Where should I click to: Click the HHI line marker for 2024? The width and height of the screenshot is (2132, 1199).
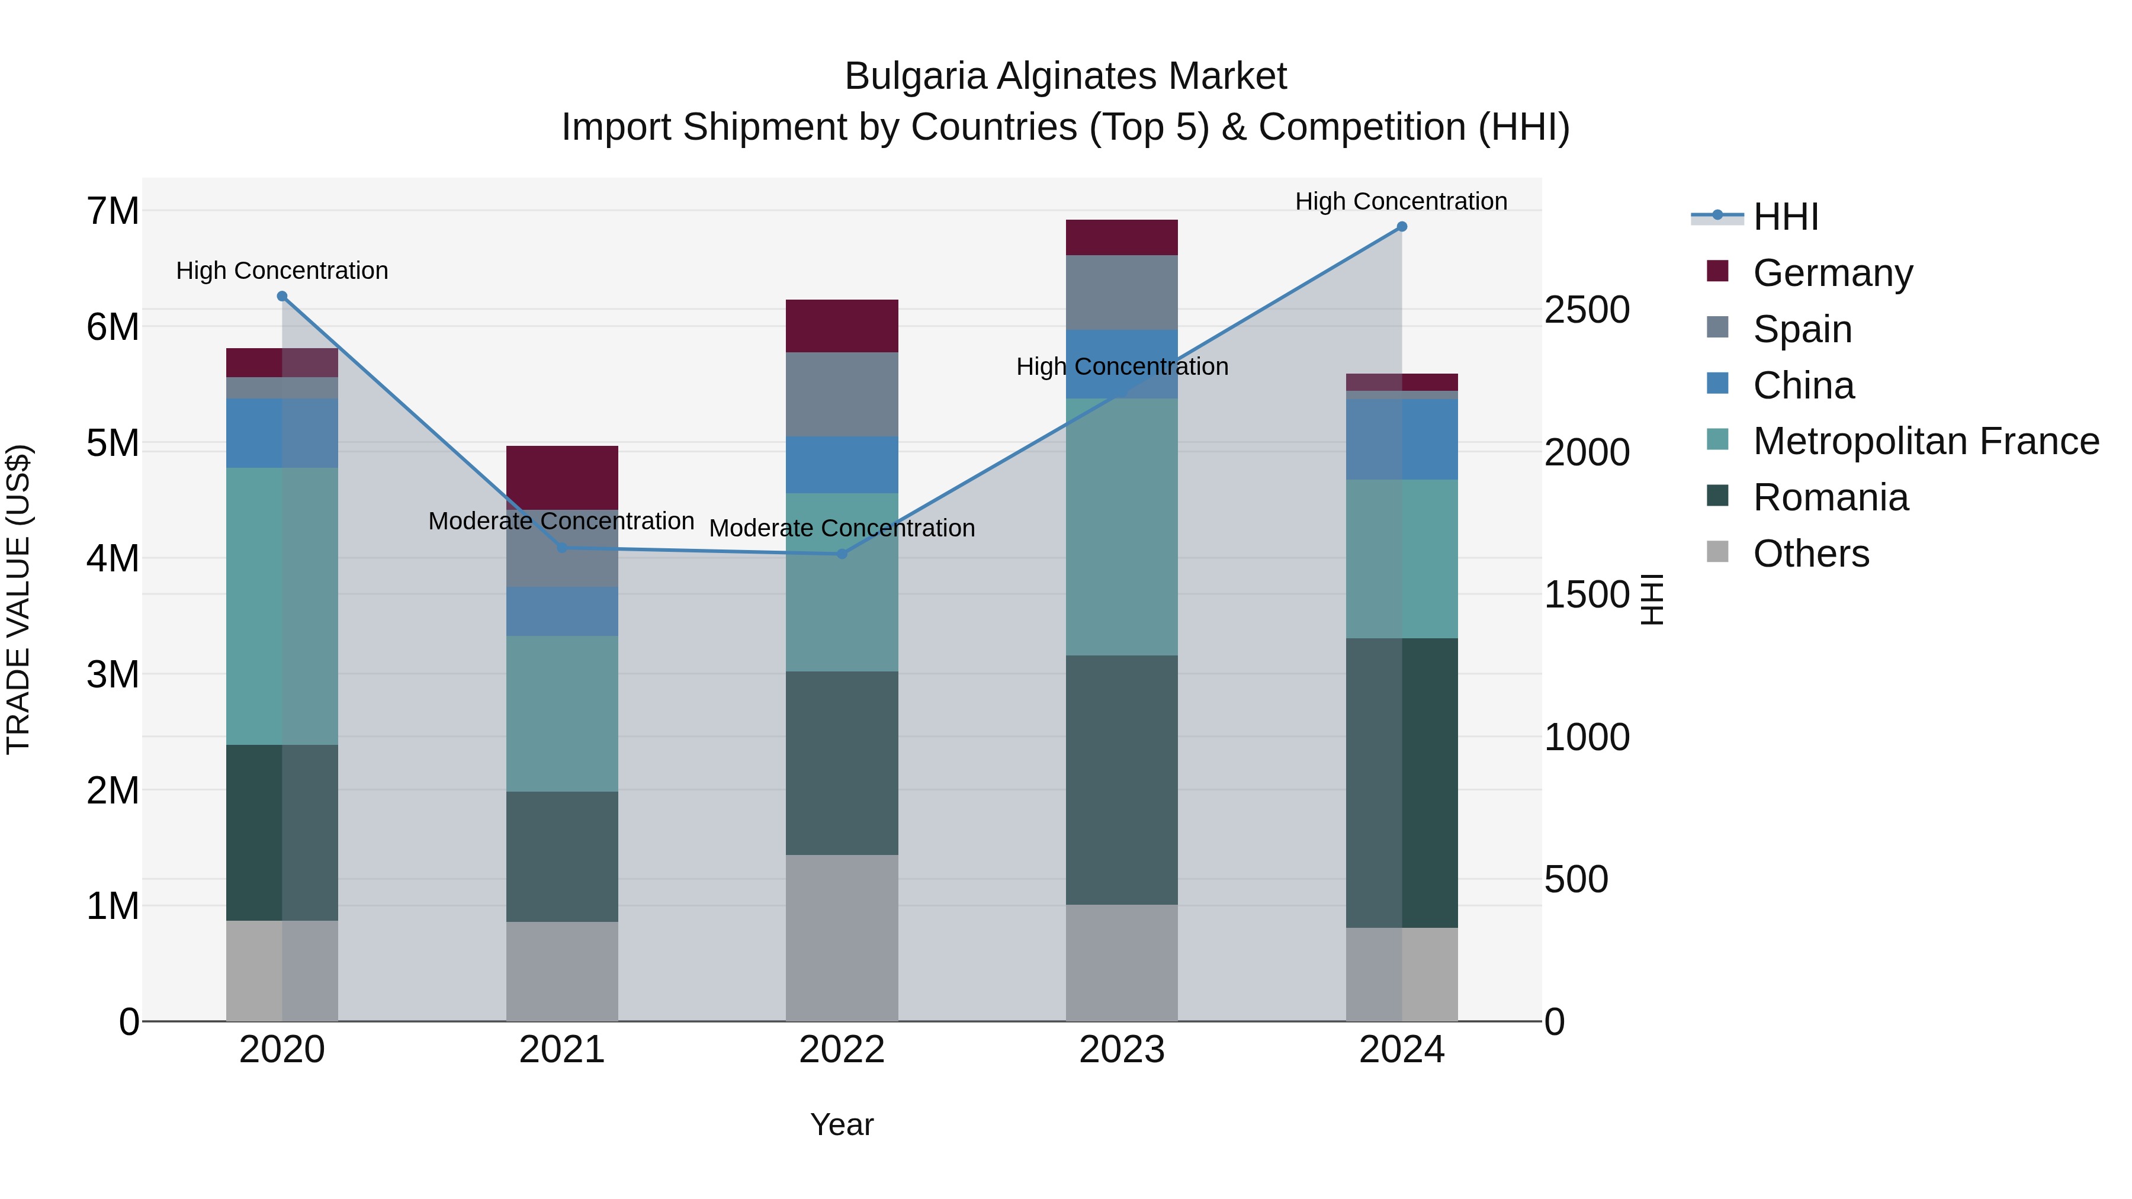(1401, 227)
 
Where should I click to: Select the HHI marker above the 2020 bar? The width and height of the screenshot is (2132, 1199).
(282, 296)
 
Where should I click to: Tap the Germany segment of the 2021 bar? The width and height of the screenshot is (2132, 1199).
(562, 477)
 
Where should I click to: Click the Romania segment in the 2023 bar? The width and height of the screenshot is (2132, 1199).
(1122, 779)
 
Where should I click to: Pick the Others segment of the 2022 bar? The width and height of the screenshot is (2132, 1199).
(842, 937)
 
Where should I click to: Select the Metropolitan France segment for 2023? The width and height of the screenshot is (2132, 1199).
(1122, 527)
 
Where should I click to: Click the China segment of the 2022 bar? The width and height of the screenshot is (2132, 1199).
(842, 465)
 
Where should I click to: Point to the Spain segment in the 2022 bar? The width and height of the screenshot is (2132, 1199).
(842, 395)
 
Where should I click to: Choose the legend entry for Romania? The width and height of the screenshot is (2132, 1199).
(1830, 497)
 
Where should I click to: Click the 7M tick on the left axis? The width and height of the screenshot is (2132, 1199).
(113, 211)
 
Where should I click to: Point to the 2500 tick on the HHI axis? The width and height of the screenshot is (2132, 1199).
(1587, 310)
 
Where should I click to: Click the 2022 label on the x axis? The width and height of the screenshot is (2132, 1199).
(842, 1050)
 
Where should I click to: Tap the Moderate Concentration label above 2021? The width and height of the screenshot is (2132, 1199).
(561, 521)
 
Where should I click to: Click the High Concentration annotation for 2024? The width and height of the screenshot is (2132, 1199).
(1401, 201)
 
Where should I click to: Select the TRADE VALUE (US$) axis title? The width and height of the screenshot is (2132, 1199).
(19, 599)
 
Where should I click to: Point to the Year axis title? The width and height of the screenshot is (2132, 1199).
(842, 1124)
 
